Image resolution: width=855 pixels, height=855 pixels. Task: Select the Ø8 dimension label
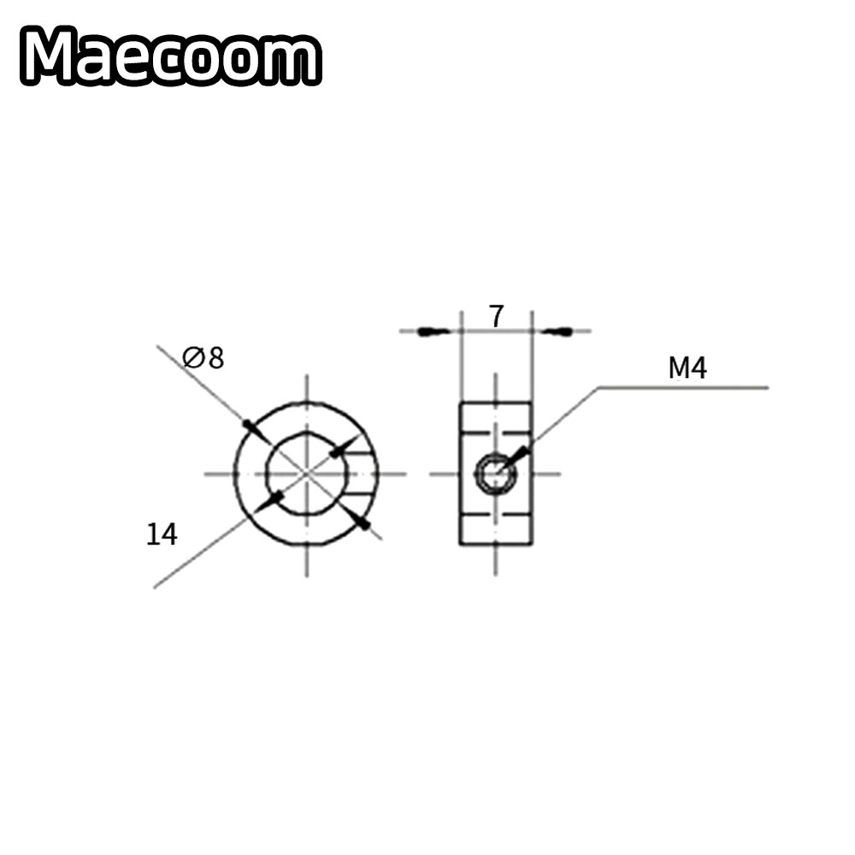(x=203, y=357)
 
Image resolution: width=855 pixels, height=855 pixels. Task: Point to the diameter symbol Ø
(x=193, y=357)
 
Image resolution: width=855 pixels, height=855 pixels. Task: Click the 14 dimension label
(x=161, y=535)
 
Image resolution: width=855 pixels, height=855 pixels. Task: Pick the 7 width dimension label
(x=496, y=316)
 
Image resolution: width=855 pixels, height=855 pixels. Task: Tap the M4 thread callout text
(x=687, y=369)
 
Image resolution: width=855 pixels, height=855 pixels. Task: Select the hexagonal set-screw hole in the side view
(x=495, y=473)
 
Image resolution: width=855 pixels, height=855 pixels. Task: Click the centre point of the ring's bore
(x=307, y=473)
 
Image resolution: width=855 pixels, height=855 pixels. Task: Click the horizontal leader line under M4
(x=684, y=387)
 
